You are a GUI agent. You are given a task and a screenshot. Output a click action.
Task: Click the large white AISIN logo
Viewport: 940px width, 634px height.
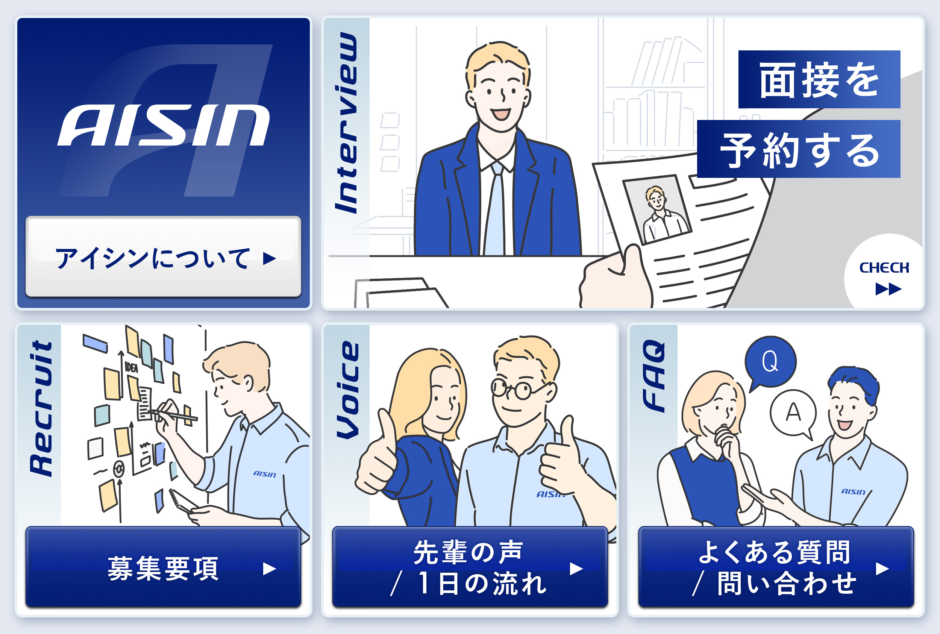click(x=163, y=125)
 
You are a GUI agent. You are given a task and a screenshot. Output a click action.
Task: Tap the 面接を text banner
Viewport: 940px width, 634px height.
click(x=819, y=80)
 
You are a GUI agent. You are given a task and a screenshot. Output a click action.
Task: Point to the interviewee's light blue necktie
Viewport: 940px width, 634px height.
click(x=495, y=210)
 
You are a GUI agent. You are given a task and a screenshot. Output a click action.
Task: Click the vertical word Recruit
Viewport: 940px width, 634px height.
click(x=42, y=408)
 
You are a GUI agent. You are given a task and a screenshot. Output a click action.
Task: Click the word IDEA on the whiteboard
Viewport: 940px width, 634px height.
click(x=131, y=367)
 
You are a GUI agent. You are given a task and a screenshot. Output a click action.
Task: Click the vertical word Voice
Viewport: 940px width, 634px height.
click(x=348, y=390)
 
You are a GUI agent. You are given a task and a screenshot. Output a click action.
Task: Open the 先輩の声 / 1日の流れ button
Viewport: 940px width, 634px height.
click(x=470, y=567)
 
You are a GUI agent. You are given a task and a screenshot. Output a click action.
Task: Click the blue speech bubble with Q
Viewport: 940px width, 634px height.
click(x=770, y=361)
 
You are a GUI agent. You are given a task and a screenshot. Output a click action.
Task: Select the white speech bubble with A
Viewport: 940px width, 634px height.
click(x=793, y=413)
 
